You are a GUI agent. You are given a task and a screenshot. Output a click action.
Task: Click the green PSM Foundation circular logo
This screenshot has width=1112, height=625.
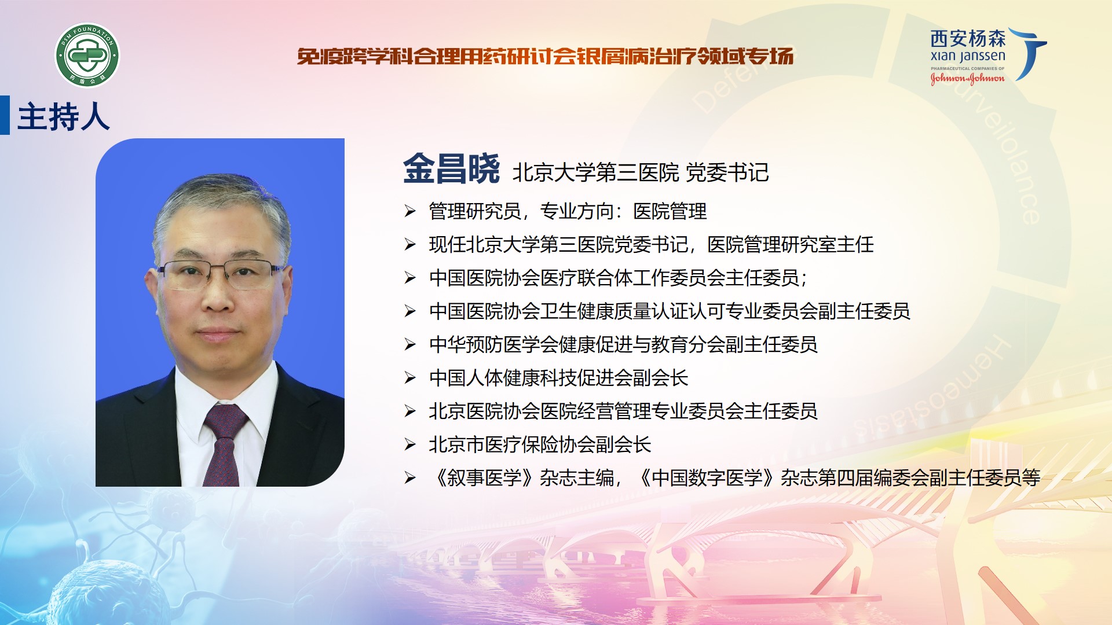[x=87, y=56]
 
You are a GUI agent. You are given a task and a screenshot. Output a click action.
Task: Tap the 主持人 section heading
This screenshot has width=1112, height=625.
[x=64, y=117]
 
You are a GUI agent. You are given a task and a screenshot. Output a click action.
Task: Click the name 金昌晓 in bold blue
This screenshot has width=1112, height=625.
[x=451, y=169]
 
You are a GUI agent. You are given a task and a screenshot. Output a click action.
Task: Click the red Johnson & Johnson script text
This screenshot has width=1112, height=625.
[x=968, y=78]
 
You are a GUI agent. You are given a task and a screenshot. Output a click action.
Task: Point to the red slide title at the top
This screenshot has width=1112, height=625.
[x=545, y=56]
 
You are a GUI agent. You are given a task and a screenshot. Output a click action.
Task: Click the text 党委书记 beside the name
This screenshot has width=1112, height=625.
[x=727, y=172]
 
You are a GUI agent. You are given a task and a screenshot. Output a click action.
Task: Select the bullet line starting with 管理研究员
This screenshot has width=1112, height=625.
[x=568, y=211]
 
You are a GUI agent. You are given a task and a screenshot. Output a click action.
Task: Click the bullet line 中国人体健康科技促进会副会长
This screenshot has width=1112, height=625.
[x=558, y=378]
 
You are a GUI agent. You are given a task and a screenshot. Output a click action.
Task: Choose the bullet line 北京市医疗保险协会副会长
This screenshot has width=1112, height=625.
[x=540, y=444]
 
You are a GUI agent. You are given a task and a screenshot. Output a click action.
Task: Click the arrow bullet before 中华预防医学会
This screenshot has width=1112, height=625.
[x=410, y=345]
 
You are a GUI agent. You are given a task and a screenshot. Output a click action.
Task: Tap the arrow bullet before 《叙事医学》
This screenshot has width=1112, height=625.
[x=410, y=478]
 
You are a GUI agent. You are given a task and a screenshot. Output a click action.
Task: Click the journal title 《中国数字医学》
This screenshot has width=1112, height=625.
[x=707, y=477]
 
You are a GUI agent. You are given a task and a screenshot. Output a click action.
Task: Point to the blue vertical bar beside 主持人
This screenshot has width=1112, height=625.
[x=5, y=115]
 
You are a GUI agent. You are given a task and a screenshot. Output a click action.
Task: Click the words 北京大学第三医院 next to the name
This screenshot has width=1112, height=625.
[x=595, y=172]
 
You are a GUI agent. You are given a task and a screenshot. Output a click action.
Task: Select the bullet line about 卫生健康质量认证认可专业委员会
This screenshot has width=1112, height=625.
[x=670, y=311]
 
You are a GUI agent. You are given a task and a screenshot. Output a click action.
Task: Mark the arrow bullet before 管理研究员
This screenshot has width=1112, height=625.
[x=410, y=212]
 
